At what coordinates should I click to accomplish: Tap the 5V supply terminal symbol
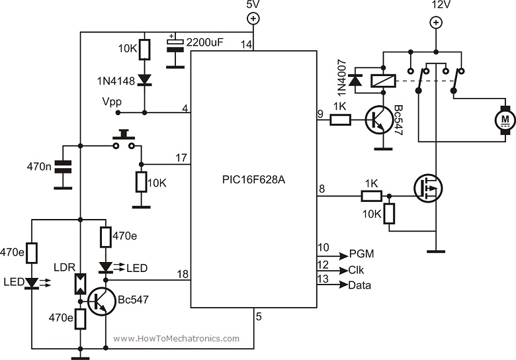coord(253,19)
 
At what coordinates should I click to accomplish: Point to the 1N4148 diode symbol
coord(146,79)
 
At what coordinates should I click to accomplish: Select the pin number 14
coord(247,44)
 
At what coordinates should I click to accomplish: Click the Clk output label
coord(357,270)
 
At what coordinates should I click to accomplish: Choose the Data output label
coord(360,285)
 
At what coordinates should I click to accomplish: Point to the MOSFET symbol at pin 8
coord(427,189)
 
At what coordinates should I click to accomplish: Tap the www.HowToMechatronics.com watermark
coord(176,338)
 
